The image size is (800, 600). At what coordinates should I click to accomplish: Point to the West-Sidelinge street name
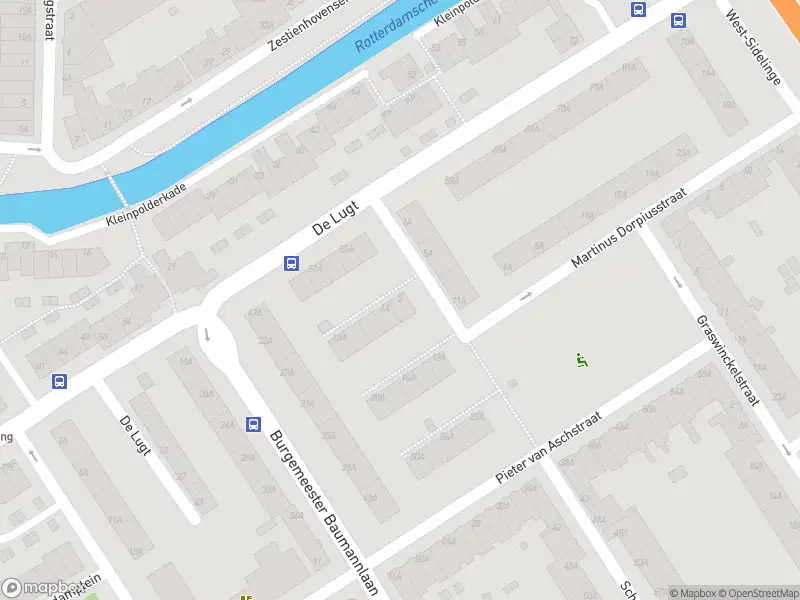(753, 47)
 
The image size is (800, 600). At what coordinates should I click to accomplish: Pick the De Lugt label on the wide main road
(335, 214)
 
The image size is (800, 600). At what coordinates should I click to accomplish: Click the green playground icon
(581, 360)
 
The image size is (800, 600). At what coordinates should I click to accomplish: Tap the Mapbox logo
(41, 588)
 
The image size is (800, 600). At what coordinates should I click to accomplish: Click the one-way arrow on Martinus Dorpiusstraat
(527, 296)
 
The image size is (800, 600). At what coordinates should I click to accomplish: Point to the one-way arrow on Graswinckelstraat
(678, 282)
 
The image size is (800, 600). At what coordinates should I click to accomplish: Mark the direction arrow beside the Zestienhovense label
(187, 101)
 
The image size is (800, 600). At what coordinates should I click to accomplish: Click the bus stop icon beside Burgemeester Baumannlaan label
(253, 423)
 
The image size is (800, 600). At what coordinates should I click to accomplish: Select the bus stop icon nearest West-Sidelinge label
(679, 20)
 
